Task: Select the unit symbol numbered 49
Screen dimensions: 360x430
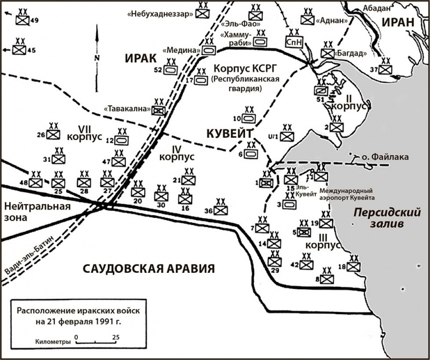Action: [22, 21]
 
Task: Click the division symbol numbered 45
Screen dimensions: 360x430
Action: [19, 50]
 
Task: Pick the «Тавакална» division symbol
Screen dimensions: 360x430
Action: [159, 110]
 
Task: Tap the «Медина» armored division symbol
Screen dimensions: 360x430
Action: [209, 50]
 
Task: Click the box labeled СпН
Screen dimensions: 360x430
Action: [294, 41]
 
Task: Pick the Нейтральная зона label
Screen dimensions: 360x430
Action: [36, 211]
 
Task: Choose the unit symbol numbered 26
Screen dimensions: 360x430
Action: [53, 135]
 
